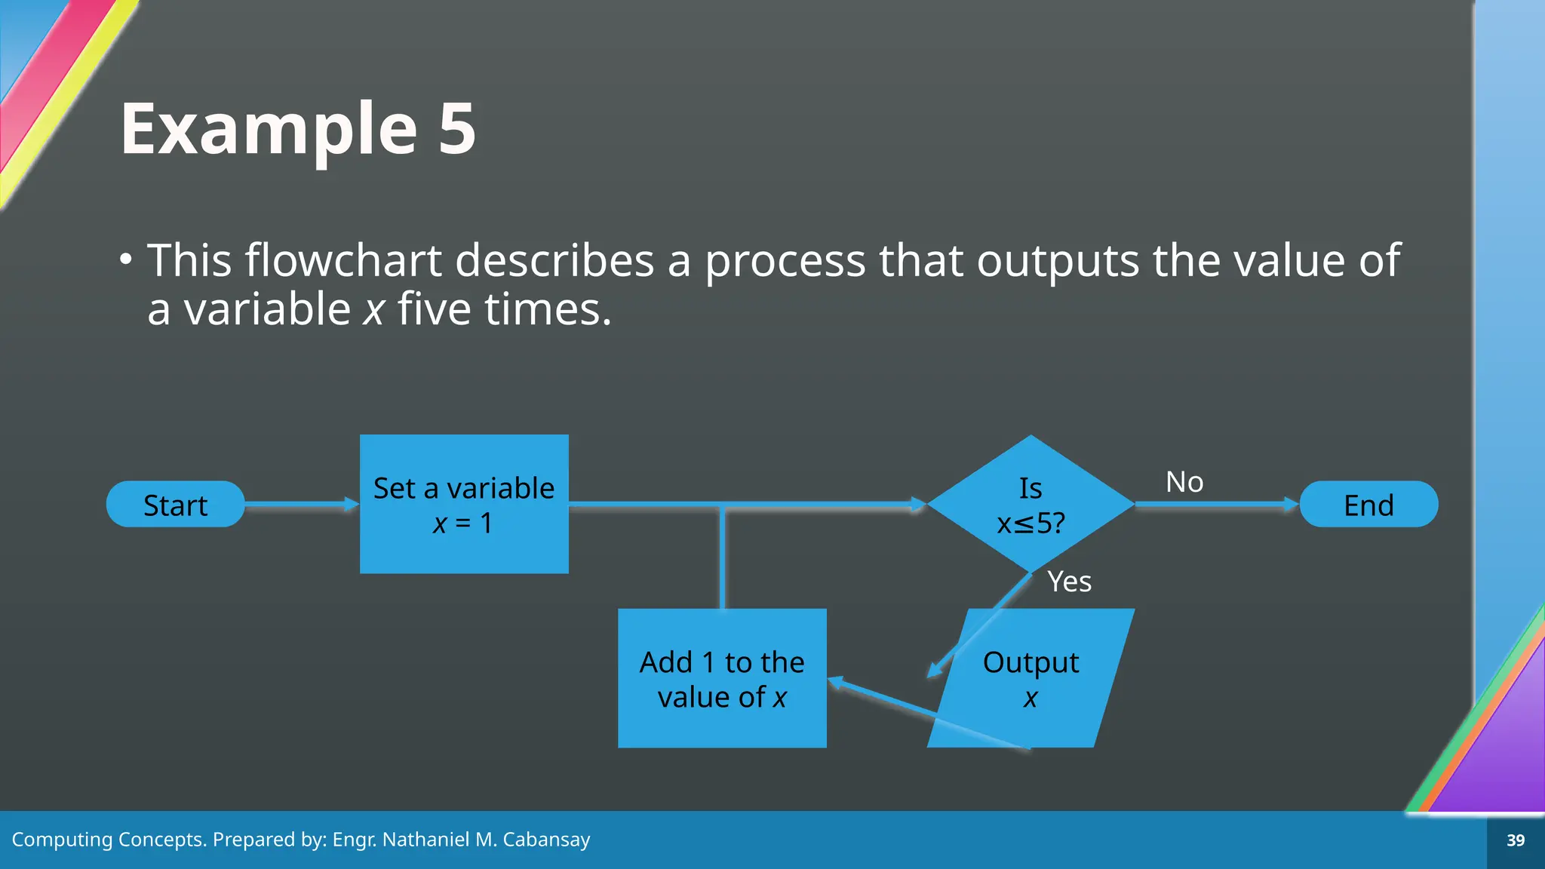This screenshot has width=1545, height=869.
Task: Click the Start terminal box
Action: pyautogui.click(x=175, y=504)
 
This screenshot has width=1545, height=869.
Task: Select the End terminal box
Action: pyautogui.click(x=1368, y=504)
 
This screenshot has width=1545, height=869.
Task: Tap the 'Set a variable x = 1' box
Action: pyautogui.click(x=464, y=504)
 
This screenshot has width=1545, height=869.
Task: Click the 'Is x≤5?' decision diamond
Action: pyautogui.click(x=1031, y=504)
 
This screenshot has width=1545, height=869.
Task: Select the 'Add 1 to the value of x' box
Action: pyautogui.click(x=722, y=678)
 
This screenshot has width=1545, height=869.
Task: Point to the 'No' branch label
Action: pyautogui.click(x=1184, y=481)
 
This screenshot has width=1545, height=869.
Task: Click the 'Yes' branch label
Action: pyautogui.click(x=1069, y=582)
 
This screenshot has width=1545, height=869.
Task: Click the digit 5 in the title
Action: pyautogui.click(x=457, y=129)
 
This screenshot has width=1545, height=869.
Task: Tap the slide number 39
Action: pyautogui.click(x=1516, y=840)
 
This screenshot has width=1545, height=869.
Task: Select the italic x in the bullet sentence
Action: pyautogui.click(x=373, y=309)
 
